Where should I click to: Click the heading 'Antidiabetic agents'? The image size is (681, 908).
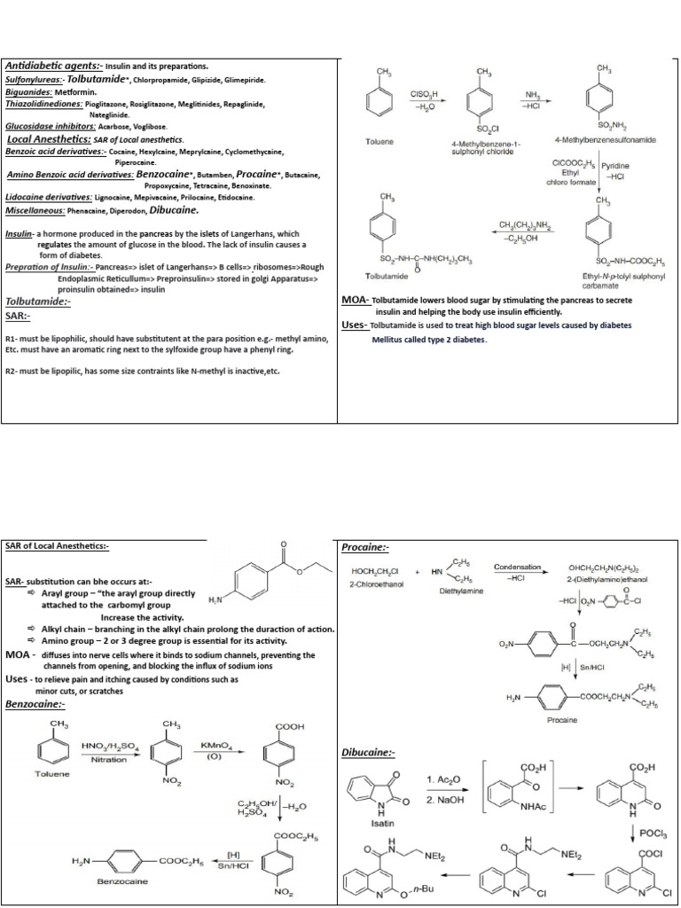coord(55,67)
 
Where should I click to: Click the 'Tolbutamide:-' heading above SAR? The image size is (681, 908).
coord(38,301)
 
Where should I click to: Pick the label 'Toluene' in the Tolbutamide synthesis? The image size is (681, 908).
coord(380,142)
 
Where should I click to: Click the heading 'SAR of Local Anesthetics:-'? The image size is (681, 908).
coord(57,545)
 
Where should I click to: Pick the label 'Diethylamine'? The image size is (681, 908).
coord(459,590)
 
